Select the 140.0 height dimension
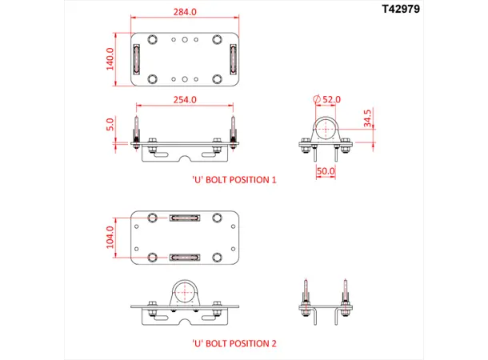(x=111, y=58)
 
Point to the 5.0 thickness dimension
(x=112, y=126)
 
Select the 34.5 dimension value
(x=367, y=118)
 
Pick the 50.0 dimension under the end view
(x=325, y=171)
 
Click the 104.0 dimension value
(x=112, y=238)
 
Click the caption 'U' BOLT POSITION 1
(x=234, y=180)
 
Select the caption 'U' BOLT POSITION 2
(x=234, y=343)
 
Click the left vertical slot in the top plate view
(x=136, y=58)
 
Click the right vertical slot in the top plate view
(x=233, y=58)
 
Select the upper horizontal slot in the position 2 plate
(x=184, y=218)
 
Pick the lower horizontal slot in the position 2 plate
(x=184, y=258)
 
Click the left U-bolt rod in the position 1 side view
(x=137, y=128)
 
